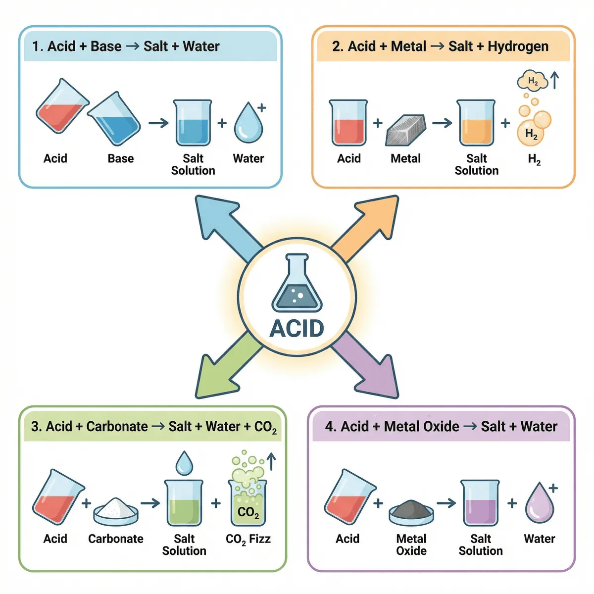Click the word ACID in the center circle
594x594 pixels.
297,328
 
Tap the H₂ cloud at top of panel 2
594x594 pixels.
532,81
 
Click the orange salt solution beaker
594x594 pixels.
476,124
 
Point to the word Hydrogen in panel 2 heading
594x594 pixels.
518,47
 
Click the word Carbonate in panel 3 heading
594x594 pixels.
117,426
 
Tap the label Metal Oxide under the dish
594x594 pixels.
411,544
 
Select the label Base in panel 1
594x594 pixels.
121,158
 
